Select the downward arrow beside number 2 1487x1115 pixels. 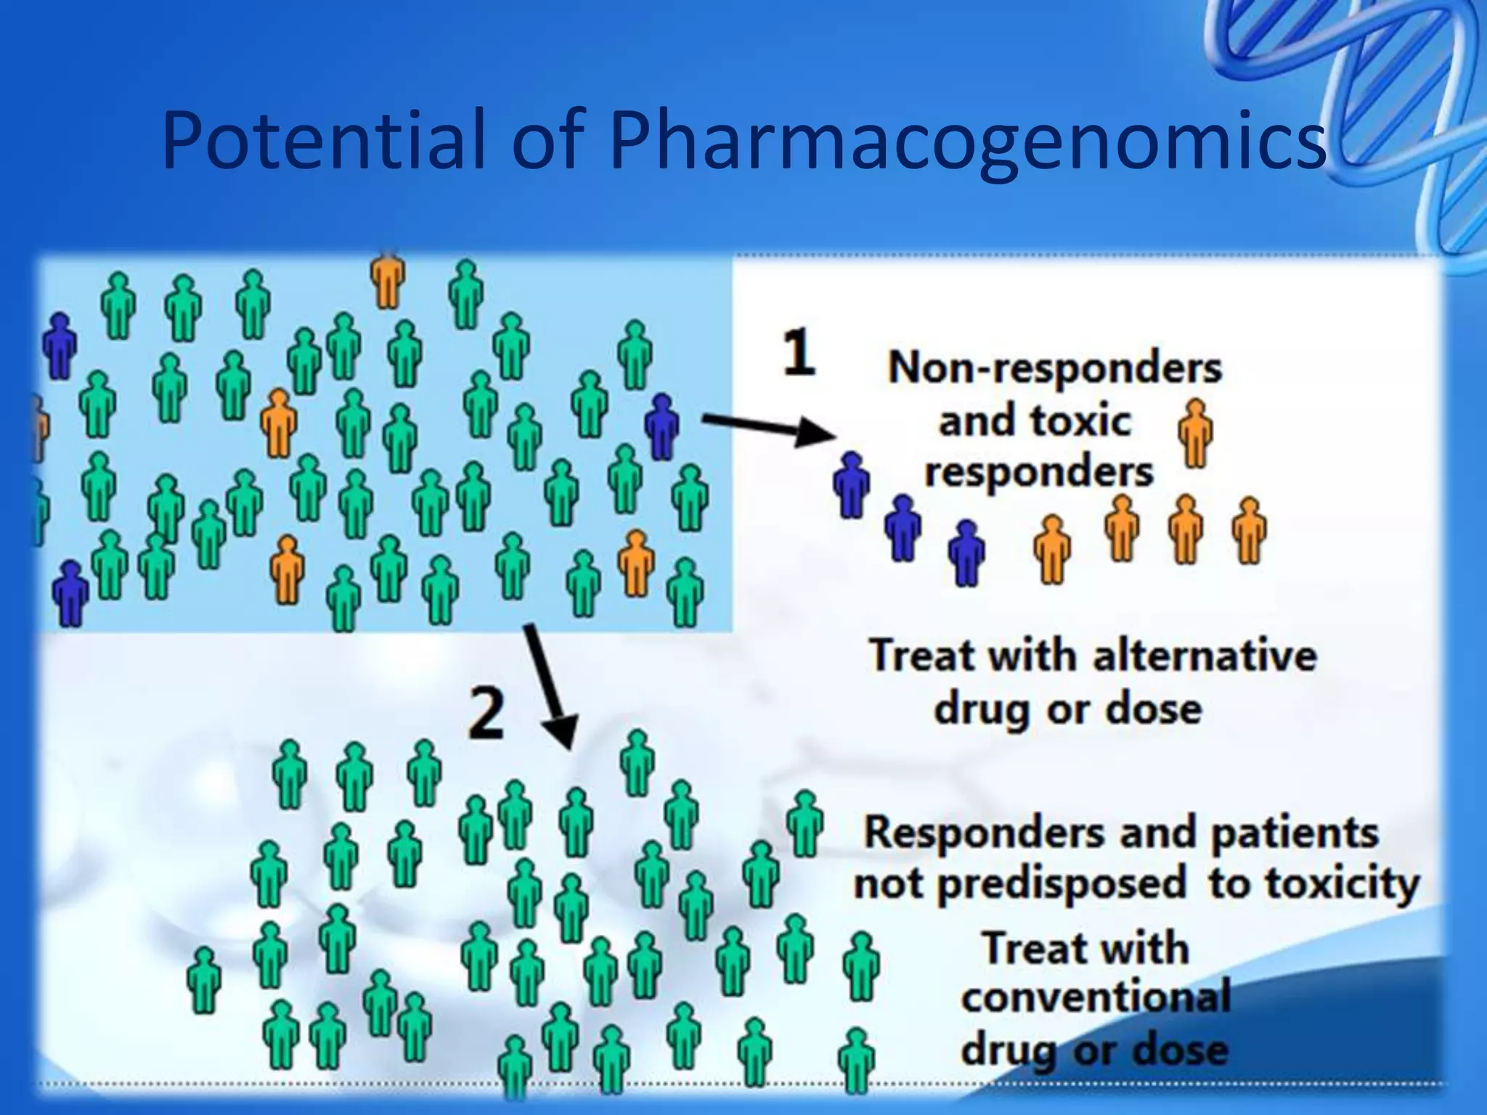coord(551,687)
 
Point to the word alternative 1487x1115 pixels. coord(1204,655)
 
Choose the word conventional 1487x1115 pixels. coord(1096,997)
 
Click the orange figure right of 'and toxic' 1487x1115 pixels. coord(1195,432)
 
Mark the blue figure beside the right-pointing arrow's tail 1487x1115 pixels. coord(661,426)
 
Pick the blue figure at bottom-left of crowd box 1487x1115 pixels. coord(70,592)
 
